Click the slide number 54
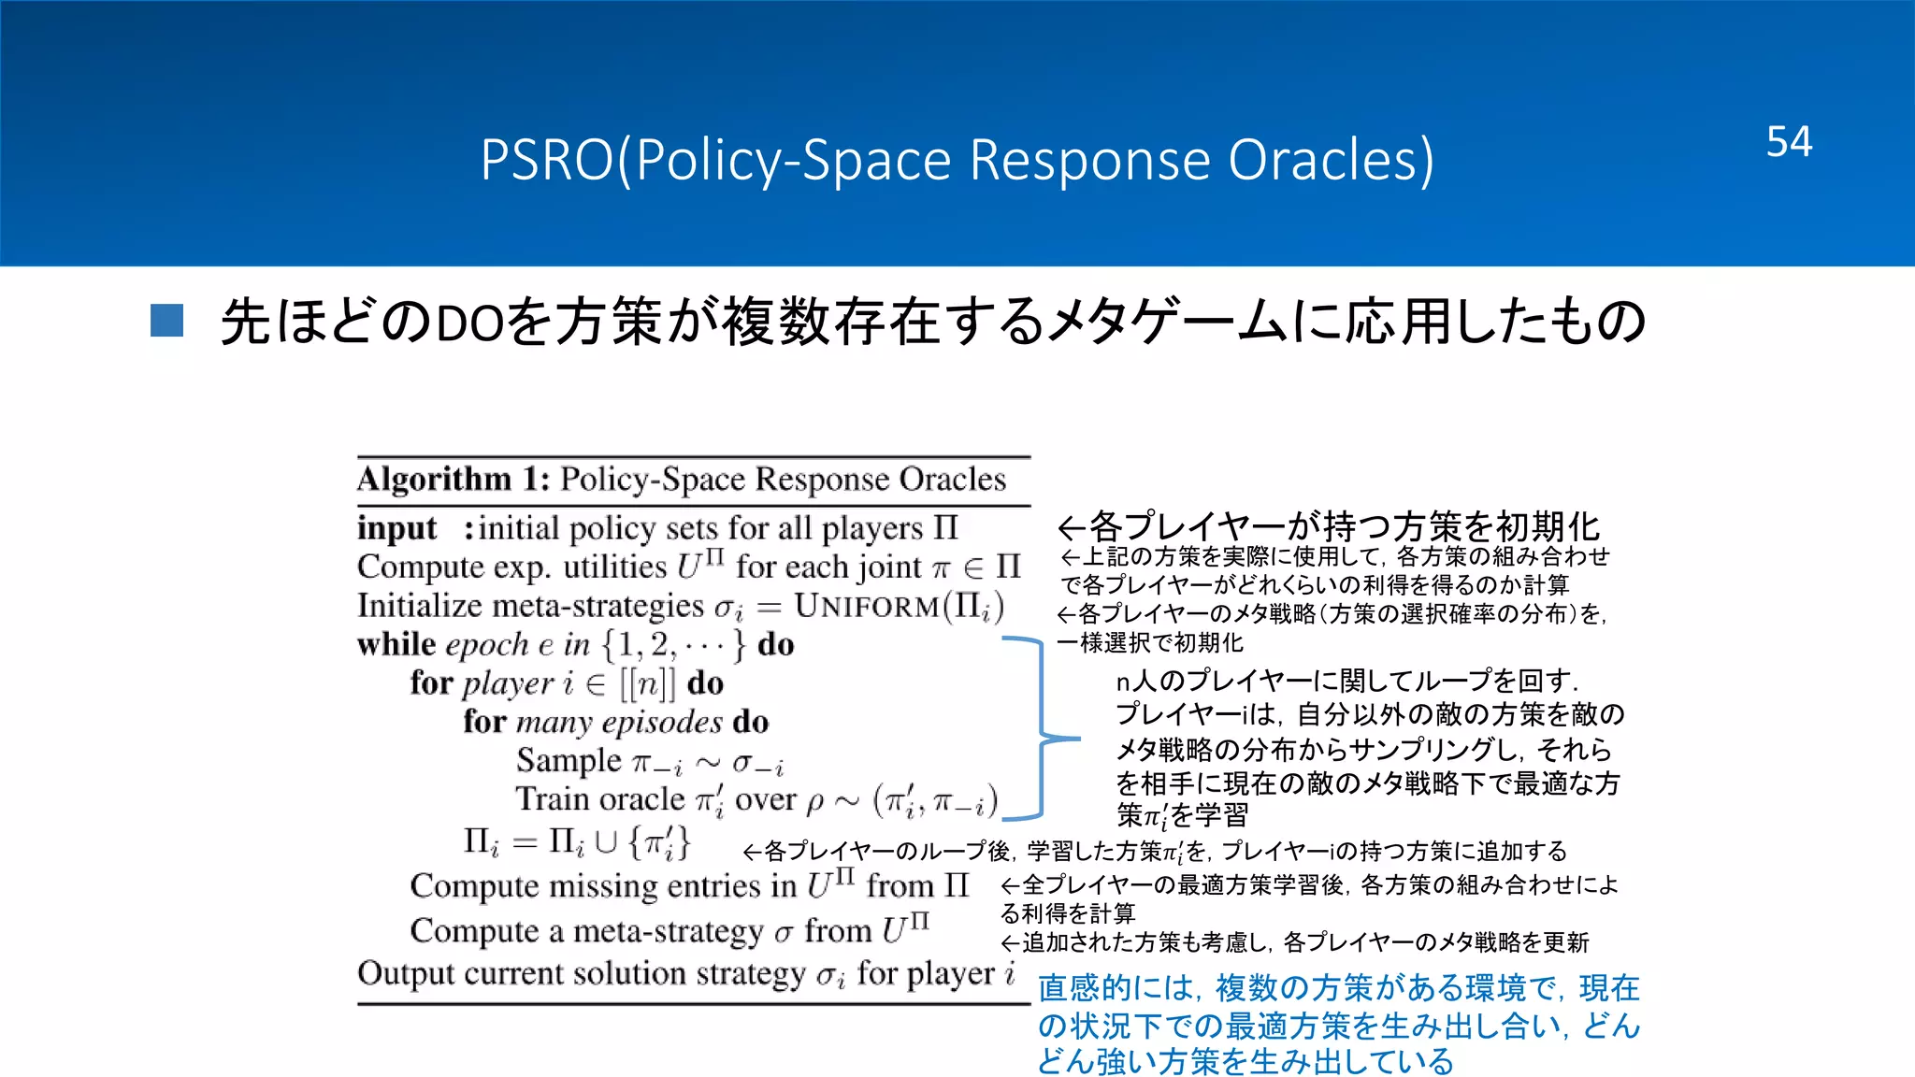tap(1789, 142)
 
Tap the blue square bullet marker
tap(166, 321)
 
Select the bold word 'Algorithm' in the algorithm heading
tap(435, 480)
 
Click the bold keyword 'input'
tap(396, 528)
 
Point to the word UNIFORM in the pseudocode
tap(867, 607)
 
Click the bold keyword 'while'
tap(396, 645)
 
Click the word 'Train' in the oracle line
tap(554, 799)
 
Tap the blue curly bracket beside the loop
tap(1040, 729)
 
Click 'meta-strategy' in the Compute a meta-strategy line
tap(669, 932)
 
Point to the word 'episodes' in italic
tap(662, 723)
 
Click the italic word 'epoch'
tap(487, 646)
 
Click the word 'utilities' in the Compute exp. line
tap(614, 567)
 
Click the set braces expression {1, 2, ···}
tap(673, 645)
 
